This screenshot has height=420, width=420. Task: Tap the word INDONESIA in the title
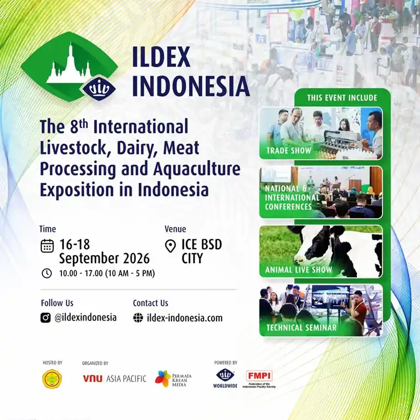[191, 87]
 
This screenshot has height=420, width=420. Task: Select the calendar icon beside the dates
[47, 245]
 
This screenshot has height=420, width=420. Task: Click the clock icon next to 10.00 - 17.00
[47, 273]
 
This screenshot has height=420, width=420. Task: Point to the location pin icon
[171, 246]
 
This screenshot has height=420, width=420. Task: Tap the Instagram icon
[46, 318]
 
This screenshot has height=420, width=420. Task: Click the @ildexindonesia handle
[85, 318]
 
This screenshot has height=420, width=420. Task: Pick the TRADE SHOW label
[289, 151]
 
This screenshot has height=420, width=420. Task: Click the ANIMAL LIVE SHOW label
[299, 270]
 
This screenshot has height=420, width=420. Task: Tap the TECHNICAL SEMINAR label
[301, 328]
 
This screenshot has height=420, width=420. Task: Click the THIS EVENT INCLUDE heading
[342, 98]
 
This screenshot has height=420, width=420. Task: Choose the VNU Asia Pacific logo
[114, 379]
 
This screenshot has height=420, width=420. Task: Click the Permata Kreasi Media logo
[170, 378]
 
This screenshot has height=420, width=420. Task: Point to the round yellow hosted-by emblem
[52, 379]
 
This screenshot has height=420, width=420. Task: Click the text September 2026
[104, 258]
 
